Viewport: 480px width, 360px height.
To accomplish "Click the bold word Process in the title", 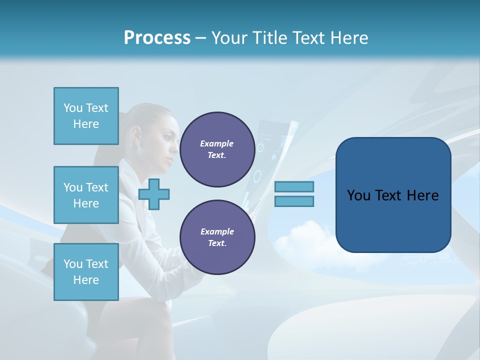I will click(x=157, y=38).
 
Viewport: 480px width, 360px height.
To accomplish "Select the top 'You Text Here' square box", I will click(x=86, y=116).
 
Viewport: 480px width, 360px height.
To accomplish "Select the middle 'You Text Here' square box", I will click(x=86, y=195).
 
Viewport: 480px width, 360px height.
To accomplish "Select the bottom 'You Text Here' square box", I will click(x=86, y=271).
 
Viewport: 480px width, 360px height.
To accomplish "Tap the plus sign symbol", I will click(x=154, y=194).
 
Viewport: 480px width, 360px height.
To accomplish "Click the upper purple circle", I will click(x=217, y=149).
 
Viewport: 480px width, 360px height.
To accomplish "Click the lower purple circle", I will click(x=217, y=237).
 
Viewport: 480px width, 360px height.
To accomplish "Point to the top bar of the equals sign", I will click(x=294, y=187).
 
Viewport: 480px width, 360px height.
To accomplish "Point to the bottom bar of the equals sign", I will click(x=294, y=201).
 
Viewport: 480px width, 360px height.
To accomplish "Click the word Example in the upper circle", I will click(x=217, y=143).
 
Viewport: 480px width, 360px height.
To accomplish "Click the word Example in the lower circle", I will click(x=217, y=231).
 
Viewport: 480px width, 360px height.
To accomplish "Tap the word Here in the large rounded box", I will click(x=422, y=195).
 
